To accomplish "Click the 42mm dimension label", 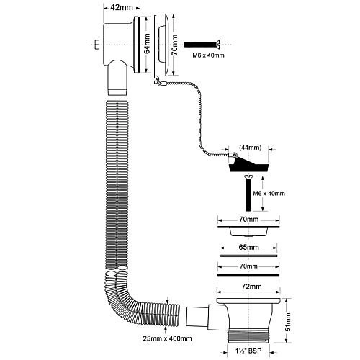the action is [x=122, y=7].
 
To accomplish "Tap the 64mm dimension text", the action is [x=147, y=44].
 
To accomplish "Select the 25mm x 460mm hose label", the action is [x=167, y=338].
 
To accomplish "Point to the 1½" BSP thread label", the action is [x=248, y=351].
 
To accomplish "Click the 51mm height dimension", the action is [x=289, y=322].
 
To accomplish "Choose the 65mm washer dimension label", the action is [x=249, y=247].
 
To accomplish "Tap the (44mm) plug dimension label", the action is [x=251, y=147].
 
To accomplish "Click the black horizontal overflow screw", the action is [x=202, y=45].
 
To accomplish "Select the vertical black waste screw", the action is [x=248, y=193].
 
